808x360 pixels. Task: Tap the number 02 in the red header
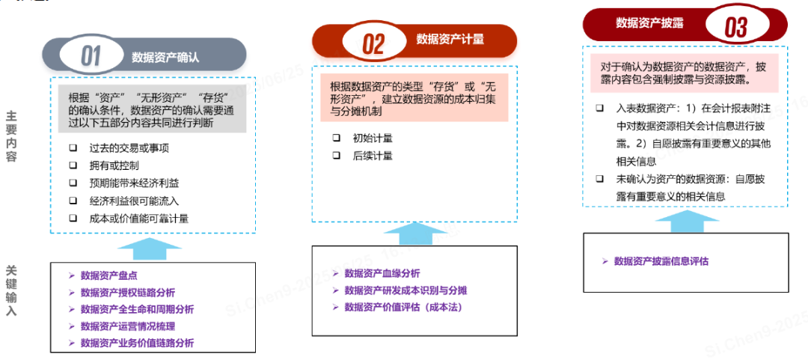click(373, 43)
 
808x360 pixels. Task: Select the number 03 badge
click(735, 28)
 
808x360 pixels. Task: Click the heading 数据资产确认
click(165, 56)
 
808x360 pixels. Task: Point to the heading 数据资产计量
click(450, 39)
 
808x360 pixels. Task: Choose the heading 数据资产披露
click(649, 23)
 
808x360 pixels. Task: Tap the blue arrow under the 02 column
click(414, 234)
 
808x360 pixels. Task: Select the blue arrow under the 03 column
click(685, 219)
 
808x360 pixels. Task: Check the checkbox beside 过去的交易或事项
click(73, 147)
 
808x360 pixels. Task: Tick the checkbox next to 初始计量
click(337, 138)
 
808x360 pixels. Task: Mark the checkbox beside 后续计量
click(337, 156)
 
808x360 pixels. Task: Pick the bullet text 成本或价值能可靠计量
click(138, 219)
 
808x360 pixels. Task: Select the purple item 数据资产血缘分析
click(382, 273)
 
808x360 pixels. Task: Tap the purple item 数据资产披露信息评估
click(661, 261)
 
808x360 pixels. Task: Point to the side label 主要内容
click(11, 137)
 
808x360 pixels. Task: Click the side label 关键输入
click(11, 290)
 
